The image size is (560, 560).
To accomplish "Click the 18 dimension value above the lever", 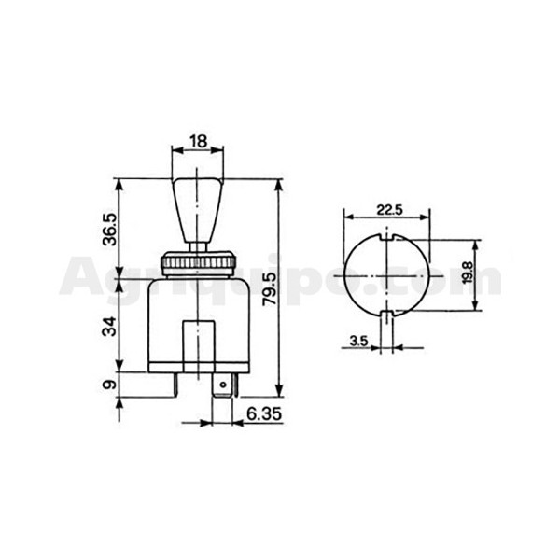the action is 199,142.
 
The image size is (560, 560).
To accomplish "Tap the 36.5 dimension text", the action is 109,230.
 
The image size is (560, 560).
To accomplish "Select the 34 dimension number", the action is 109,327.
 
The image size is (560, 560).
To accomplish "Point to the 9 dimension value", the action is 109,385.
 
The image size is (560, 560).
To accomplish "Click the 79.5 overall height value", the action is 270,289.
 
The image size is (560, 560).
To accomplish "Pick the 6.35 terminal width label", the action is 264,414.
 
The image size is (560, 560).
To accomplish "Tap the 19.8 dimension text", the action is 468,273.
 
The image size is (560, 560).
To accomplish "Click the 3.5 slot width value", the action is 358,342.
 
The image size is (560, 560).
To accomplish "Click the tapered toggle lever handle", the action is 197,211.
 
